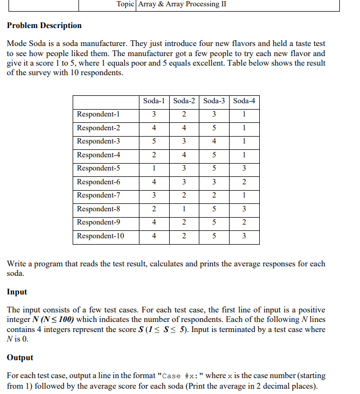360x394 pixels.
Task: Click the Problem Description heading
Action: click(x=45, y=25)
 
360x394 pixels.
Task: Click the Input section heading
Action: click(x=17, y=292)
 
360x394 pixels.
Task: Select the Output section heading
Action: click(x=20, y=357)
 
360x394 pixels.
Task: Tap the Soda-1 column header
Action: click(x=154, y=101)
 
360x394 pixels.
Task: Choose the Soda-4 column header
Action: click(x=244, y=101)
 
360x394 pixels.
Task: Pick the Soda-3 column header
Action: click(x=214, y=101)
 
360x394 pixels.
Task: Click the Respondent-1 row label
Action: click(x=99, y=114)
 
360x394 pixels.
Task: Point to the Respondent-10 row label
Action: click(x=101, y=236)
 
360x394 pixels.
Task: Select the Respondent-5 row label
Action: click(x=99, y=168)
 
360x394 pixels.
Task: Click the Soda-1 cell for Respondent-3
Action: click(x=154, y=141)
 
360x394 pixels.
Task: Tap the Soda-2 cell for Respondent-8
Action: click(x=183, y=209)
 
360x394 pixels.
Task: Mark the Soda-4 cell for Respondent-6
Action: click(x=243, y=182)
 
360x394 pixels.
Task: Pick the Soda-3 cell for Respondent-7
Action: click(x=214, y=195)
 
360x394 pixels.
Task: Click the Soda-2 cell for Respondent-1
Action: click(x=183, y=114)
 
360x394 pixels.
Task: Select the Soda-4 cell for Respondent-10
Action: click(x=243, y=236)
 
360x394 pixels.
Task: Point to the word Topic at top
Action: click(x=126, y=4)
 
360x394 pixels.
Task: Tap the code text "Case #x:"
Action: click(x=181, y=376)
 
